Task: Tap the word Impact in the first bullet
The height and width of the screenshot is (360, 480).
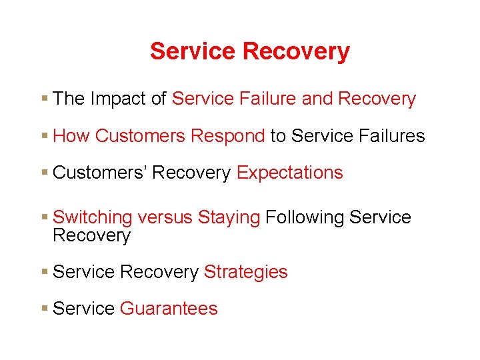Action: (119, 99)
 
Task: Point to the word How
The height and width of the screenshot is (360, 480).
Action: (71, 136)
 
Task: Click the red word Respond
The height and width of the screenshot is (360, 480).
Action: (227, 136)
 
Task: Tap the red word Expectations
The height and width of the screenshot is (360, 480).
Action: (289, 173)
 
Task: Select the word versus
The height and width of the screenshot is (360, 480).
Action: (165, 217)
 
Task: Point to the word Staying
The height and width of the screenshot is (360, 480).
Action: (229, 217)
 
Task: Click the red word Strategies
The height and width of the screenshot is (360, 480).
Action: (245, 272)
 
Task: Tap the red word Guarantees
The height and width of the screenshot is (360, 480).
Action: (168, 309)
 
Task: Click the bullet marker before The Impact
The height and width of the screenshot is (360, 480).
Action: (43, 99)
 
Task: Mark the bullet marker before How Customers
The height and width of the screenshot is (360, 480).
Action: (43, 136)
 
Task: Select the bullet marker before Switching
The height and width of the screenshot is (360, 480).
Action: (43, 217)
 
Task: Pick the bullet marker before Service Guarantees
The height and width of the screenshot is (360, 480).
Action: (43, 309)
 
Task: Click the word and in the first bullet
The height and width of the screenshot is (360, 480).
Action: (317, 99)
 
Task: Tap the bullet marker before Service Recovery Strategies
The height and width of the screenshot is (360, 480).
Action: (43, 272)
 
